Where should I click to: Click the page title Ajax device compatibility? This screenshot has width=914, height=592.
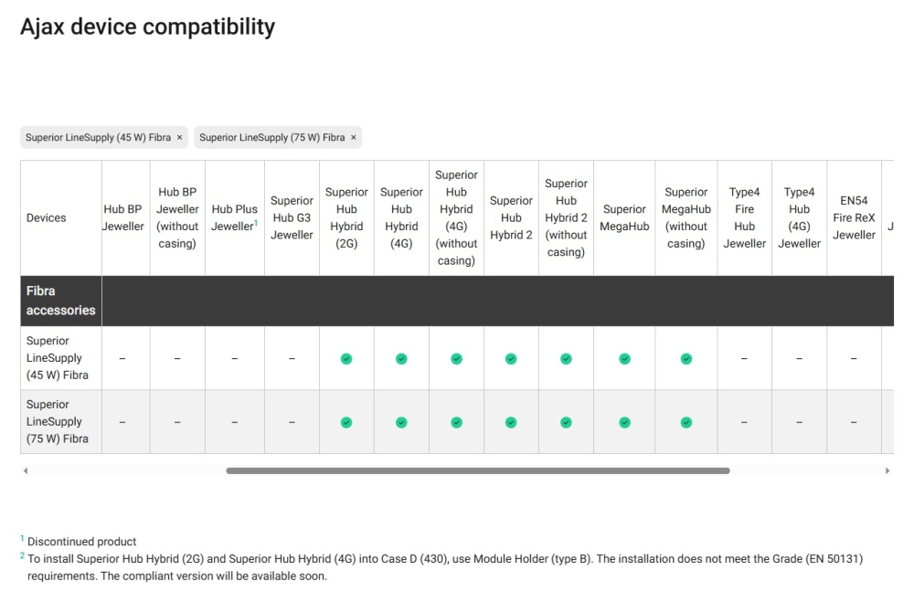[147, 26]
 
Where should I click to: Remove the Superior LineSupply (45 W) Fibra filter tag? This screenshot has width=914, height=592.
[179, 138]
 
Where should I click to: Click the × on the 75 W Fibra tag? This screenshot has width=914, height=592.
[353, 138]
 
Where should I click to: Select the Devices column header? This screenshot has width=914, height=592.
[46, 218]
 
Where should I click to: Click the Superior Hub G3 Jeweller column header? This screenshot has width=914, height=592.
[292, 218]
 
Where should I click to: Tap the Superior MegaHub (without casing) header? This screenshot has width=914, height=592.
[686, 218]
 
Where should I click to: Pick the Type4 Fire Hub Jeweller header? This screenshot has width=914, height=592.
[744, 218]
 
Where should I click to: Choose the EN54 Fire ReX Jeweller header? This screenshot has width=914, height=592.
[854, 218]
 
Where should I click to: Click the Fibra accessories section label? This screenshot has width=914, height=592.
[60, 301]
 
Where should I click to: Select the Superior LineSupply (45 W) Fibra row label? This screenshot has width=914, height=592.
[57, 358]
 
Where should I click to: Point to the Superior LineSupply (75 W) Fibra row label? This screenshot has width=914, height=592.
[57, 421]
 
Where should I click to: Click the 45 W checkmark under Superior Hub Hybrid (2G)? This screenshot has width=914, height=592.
[346, 359]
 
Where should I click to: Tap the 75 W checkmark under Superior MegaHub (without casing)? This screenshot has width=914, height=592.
[686, 422]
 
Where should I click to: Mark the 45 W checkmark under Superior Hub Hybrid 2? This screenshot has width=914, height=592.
[511, 359]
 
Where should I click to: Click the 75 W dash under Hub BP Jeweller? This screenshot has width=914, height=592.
[122, 422]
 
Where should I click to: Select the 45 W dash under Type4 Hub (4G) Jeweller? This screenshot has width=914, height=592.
[799, 359]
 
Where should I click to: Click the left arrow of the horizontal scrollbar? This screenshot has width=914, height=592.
[25, 470]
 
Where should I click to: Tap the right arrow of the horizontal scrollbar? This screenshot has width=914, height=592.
[887, 470]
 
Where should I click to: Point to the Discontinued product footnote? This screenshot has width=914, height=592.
[81, 542]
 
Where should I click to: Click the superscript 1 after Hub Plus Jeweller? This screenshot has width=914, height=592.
[255, 223]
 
